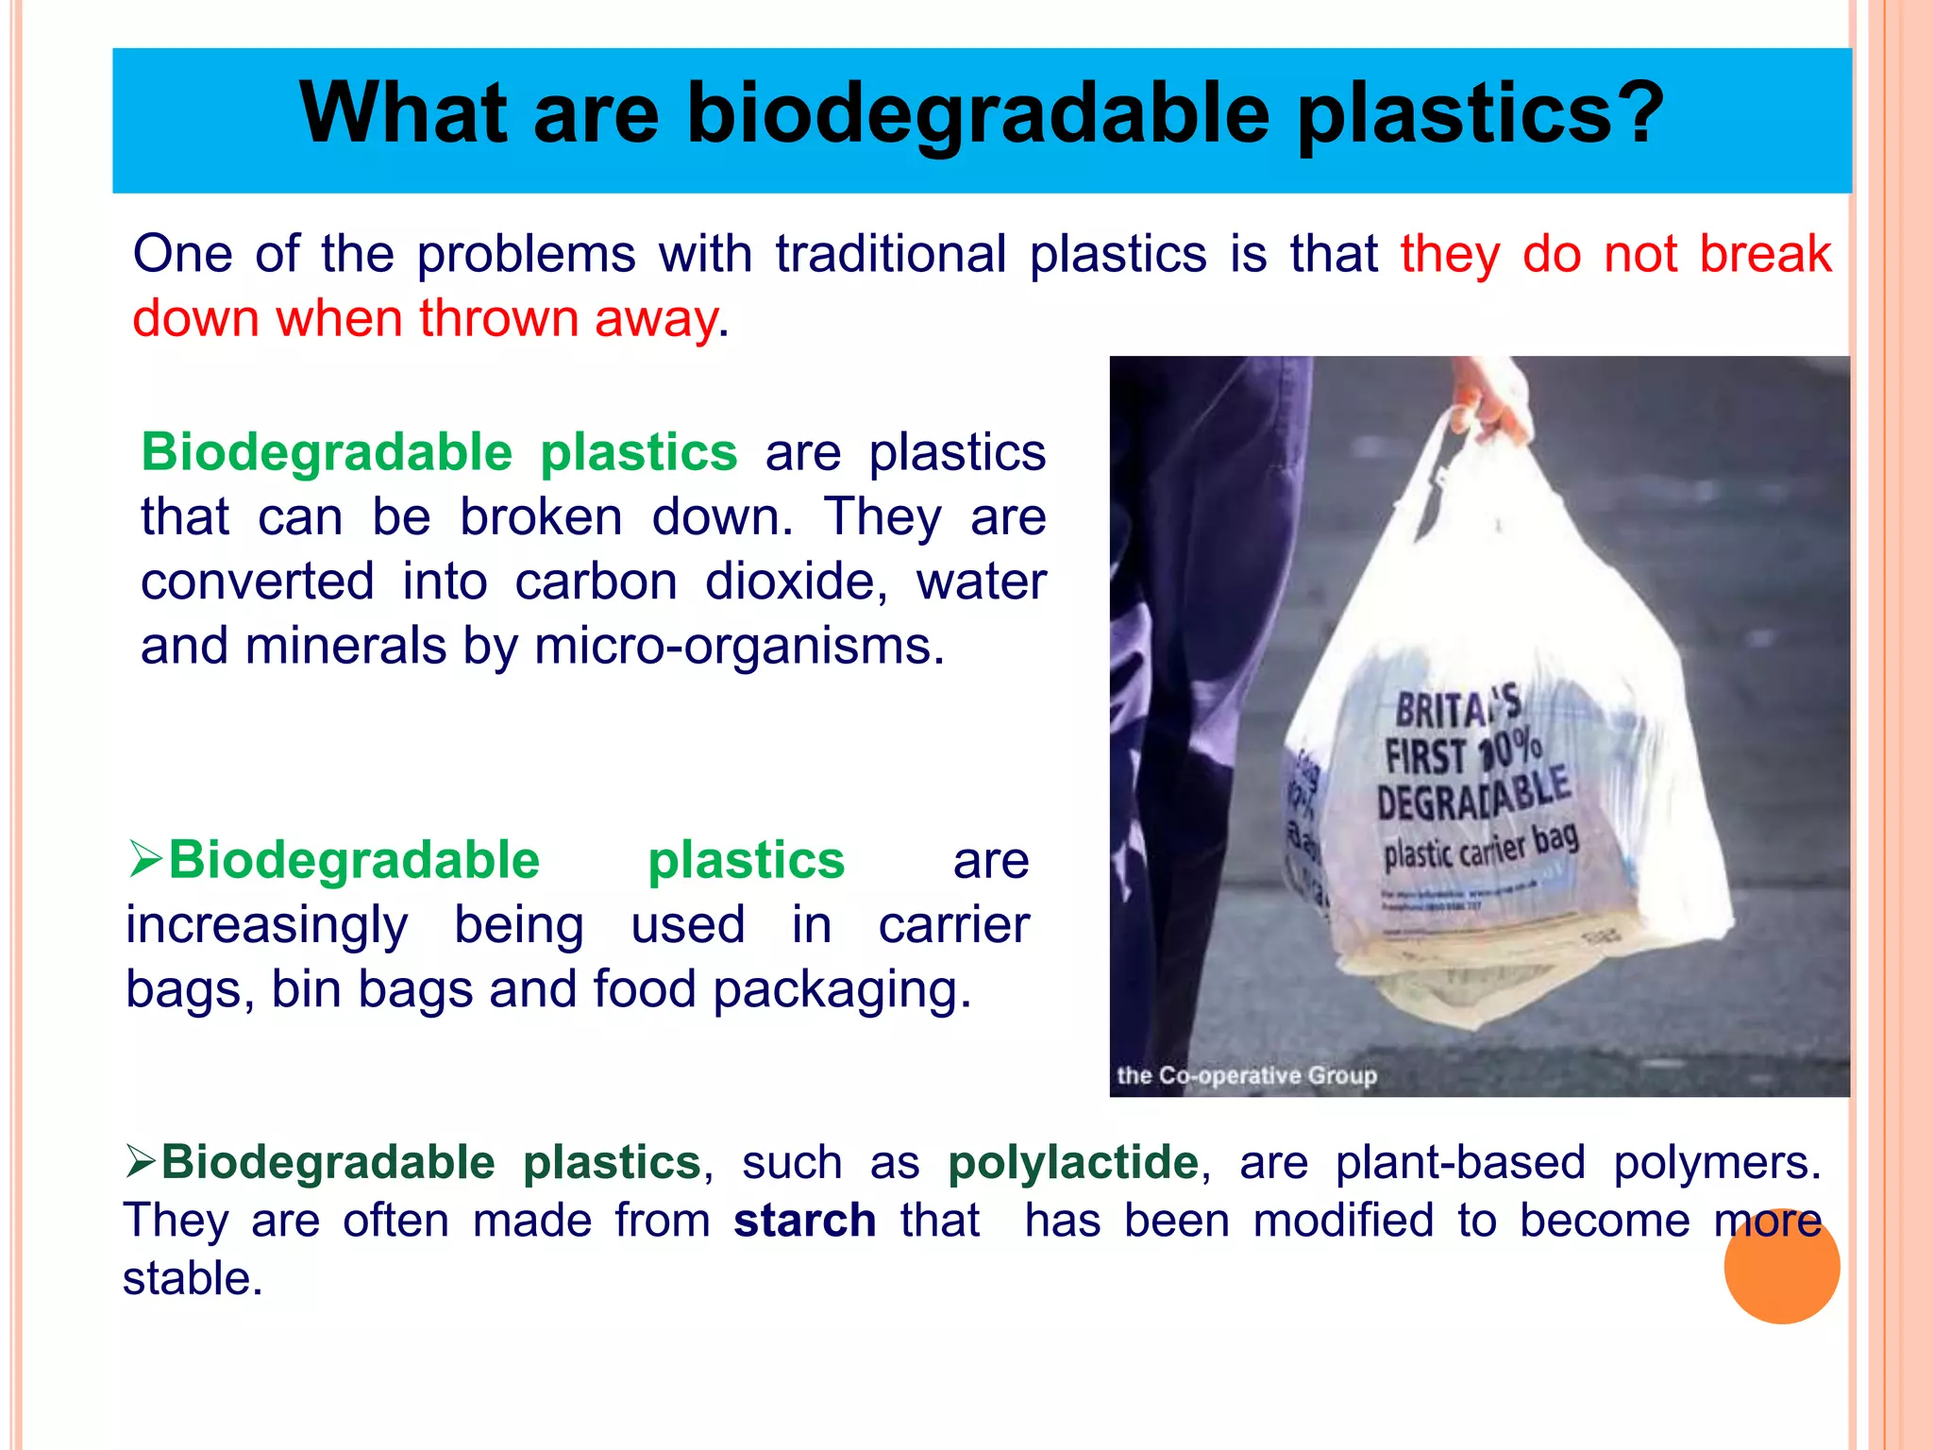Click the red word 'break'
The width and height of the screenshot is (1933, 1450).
tap(1764, 255)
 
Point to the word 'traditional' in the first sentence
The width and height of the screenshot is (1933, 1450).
tap(891, 255)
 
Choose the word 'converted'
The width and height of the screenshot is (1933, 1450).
tap(257, 582)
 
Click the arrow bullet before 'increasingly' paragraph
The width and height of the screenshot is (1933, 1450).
tap(145, 859)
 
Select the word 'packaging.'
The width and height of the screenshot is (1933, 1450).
tap(842, 990)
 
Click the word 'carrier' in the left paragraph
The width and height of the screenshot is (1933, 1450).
tap(953, 925)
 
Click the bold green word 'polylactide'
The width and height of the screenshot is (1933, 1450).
tap(1073, 1162)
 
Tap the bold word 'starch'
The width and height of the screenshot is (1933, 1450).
tap(804, 1221)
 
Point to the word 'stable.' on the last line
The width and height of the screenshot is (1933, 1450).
tap(193, 1279)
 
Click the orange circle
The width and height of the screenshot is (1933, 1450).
tap(1781, 1266)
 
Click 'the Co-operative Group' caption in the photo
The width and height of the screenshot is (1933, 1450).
tap(1246, 1075)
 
